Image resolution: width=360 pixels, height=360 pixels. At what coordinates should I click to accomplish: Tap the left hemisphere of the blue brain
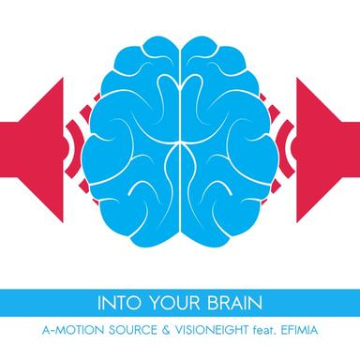coord(131,141)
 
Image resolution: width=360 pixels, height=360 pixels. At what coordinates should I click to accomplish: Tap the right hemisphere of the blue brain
coord(230,141)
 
